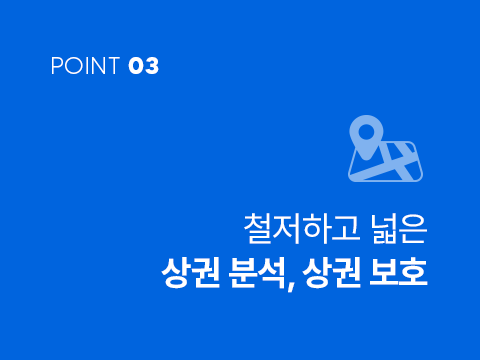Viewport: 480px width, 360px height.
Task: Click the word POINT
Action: pos(85,66)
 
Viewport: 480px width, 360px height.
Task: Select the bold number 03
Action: pos(144,66)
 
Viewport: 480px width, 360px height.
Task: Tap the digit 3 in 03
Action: pos(152,66)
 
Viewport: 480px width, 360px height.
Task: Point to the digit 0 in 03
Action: pos(136,66)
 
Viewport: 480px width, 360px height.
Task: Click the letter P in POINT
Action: pos(56,66)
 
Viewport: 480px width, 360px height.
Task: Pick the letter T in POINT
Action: pos(113,66)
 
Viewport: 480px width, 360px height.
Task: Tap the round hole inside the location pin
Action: pos(366,132)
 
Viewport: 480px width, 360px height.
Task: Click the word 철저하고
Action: pos(302,229)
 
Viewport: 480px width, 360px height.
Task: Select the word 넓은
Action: pos(399,229)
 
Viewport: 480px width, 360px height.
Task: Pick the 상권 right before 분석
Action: pos(191,272)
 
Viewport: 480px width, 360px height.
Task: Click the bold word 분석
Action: pos(257,272)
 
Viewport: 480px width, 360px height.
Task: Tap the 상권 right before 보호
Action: pos(332,272)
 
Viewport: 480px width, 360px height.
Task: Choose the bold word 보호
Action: pos(398,272)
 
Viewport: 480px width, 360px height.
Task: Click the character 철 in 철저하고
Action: pos(258,229)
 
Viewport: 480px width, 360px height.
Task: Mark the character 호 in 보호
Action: pos(413,272)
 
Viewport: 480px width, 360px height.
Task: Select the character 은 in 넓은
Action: pos(413,229)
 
